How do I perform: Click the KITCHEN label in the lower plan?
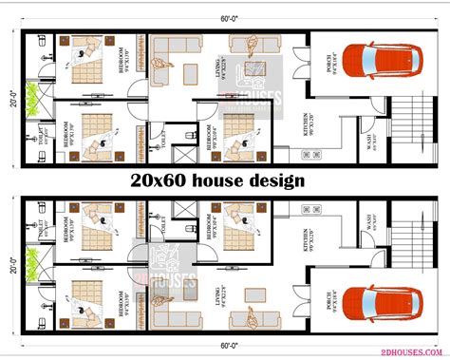pos(306,238)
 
